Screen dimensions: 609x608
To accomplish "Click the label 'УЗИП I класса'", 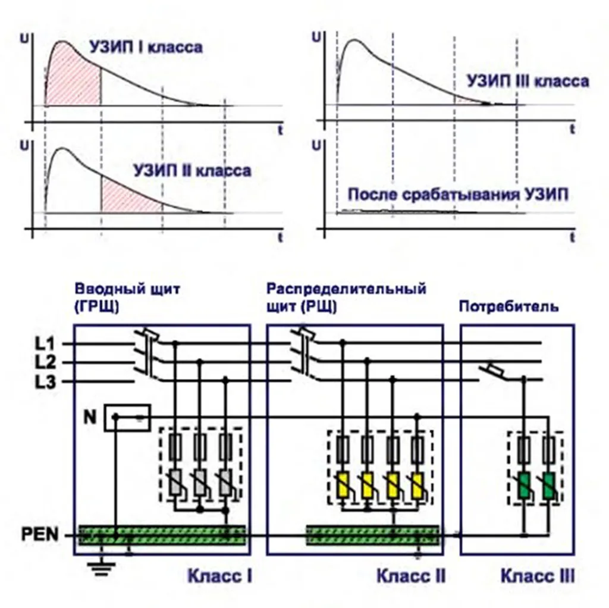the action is click(x=146, y=47).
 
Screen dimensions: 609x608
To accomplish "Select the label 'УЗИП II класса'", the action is click(x=192, y=171).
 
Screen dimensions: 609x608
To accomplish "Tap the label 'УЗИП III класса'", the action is click(x=528, y=81).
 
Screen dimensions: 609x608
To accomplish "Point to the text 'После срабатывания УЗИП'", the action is click(x=458, y=195).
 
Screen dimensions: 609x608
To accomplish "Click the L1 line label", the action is click(x=45, y=343).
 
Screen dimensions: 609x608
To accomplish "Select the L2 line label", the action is click(x=45, y=362).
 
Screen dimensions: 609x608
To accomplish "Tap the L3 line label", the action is click(x=45, y=383).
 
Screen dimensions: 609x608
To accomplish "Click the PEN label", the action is click(x=40, y=535).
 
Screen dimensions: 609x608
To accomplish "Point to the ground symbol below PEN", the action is click(x=101, y=565).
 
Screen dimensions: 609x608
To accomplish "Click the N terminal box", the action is click(x=127, y=418).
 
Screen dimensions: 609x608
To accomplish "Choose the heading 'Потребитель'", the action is click(x=509, y=307).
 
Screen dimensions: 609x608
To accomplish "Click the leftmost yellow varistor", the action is click(x=343, y=486).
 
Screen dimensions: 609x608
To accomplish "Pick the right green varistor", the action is click(x=549, y=486).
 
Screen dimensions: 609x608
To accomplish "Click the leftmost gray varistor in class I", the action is click(x=175, y=482).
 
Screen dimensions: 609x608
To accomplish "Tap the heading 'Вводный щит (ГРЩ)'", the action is click(x=127, y=298).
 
